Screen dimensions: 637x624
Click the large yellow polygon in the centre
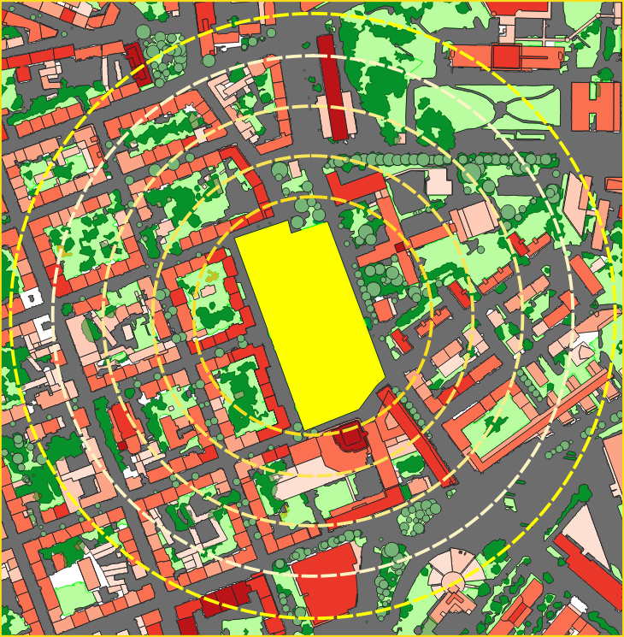pos(308,325)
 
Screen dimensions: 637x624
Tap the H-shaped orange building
pos(595,106)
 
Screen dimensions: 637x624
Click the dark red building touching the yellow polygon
pos(350,437)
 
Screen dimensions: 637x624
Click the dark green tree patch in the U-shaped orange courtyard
pos(494,423)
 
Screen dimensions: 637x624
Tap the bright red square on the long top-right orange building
pos(505,56)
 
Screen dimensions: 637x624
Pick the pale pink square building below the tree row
pos(439,181)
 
